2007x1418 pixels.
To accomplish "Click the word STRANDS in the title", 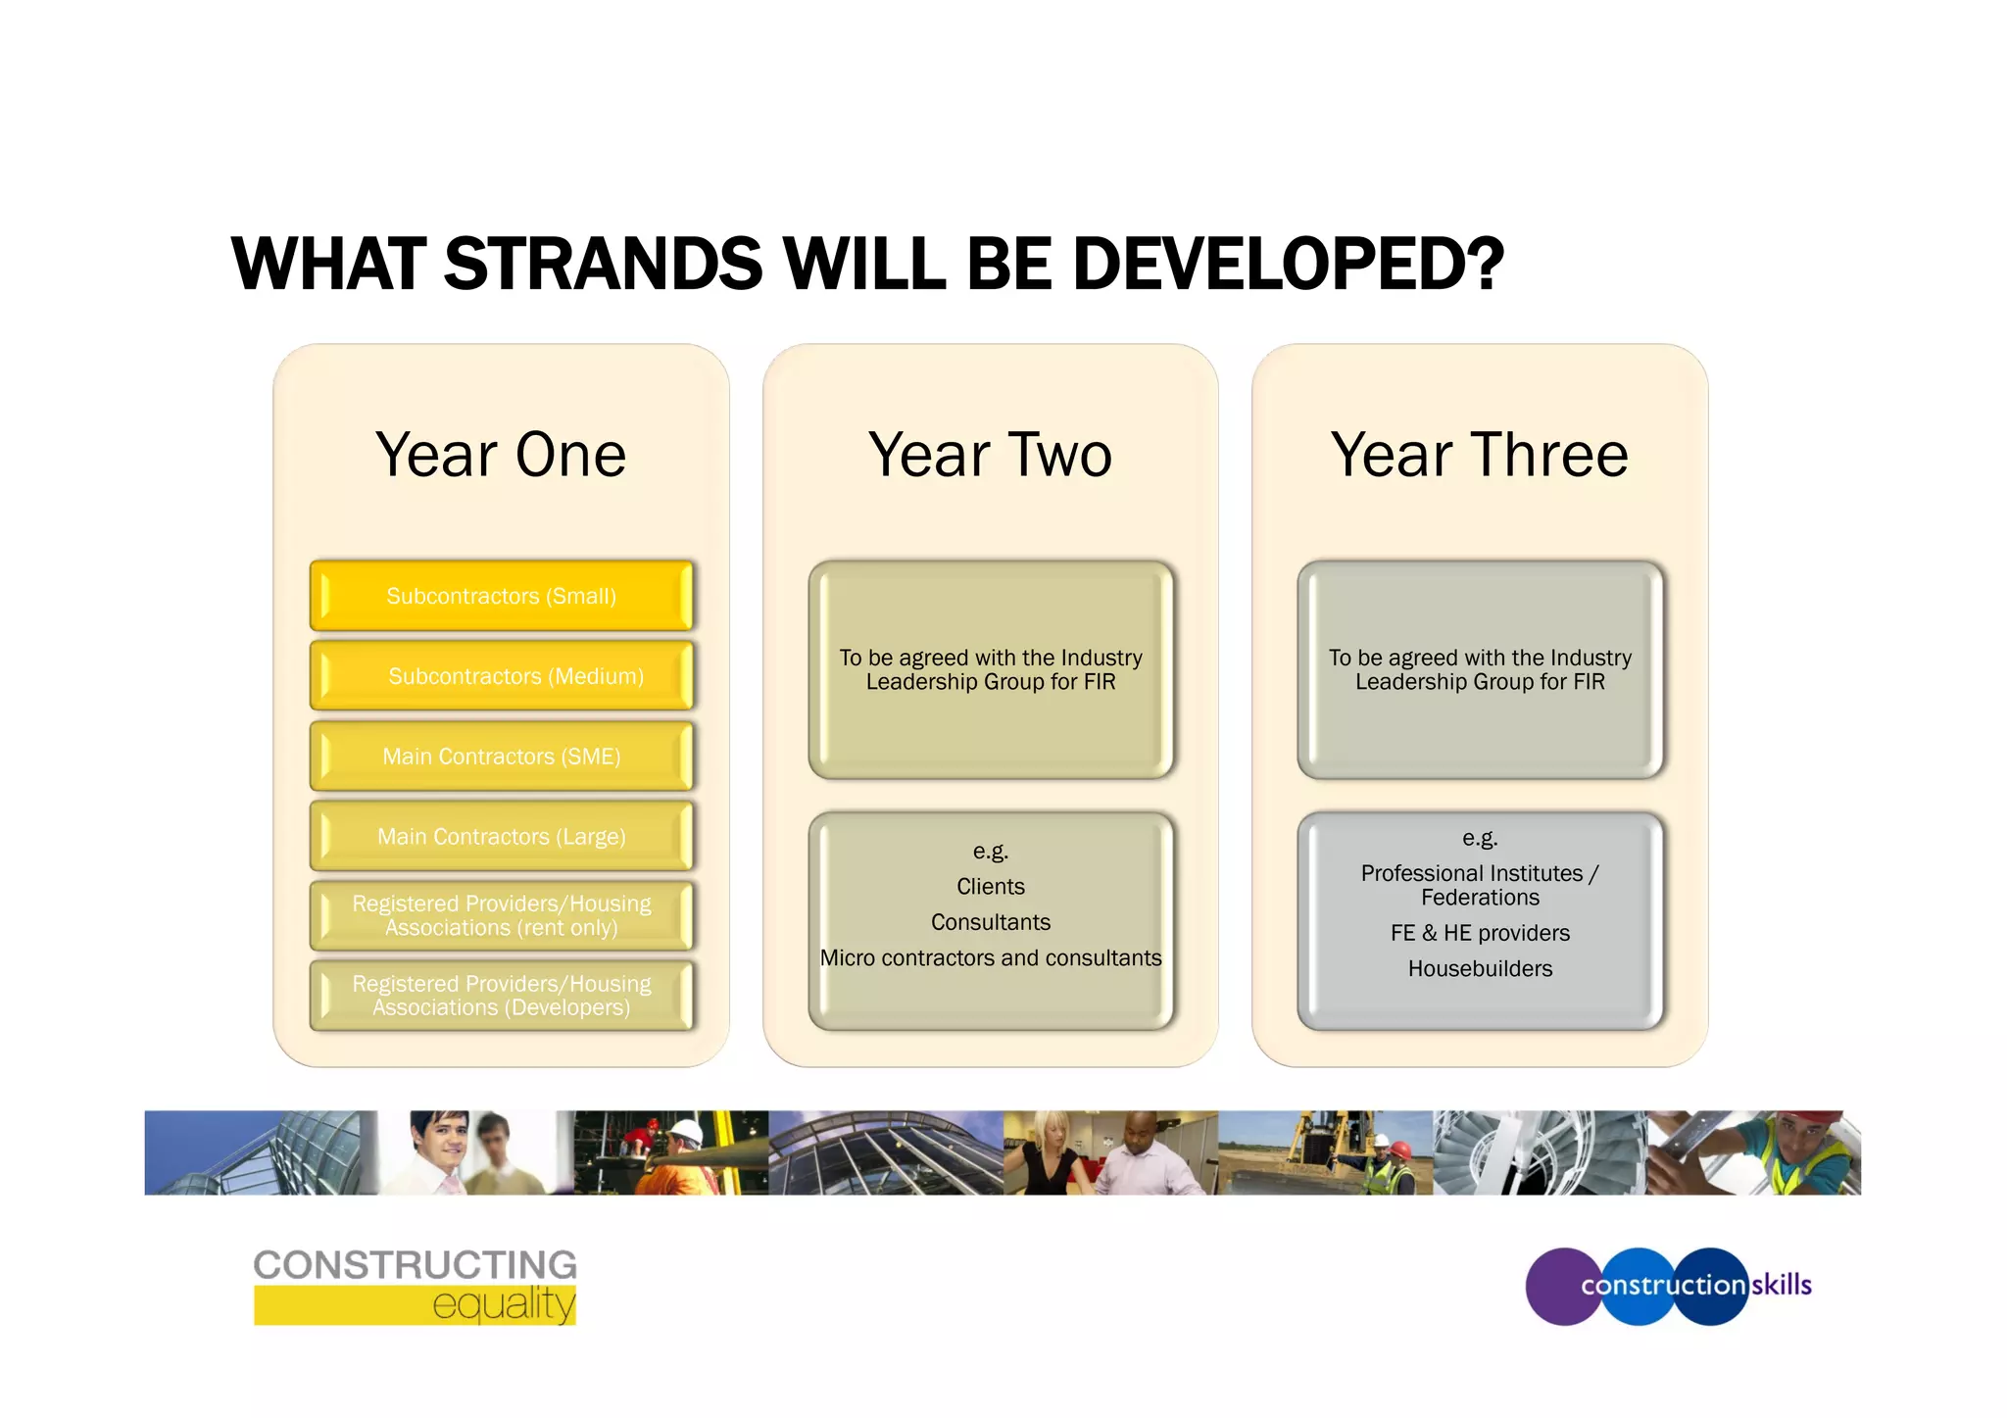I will point(603,265).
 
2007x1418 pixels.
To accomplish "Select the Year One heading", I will point(501,455).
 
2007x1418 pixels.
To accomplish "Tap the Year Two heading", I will point(990,455).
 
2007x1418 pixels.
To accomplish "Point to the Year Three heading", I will point(1479,455).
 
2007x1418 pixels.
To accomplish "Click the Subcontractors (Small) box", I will point(501,596).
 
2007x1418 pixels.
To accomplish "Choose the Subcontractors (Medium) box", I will point(501,676).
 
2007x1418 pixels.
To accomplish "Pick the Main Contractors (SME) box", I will point(501,757).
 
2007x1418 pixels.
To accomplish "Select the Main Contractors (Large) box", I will point(501,837).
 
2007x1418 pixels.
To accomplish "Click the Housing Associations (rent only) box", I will point(501,916).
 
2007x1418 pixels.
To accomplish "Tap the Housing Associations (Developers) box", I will point(501,996).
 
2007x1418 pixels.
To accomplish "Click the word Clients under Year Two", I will point(990,887).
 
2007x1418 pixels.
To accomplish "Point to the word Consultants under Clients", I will point(990,922).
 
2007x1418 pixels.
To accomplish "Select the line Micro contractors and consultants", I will point(990,958).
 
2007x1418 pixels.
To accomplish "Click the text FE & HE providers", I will point(1479,933).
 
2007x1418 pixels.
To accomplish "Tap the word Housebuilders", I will point(1479,969).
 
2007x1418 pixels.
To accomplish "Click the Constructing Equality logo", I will point(415,1286).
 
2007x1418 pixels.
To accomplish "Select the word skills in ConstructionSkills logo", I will point(1781,1285).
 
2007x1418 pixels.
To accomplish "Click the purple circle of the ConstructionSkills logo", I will point(1558,1287).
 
